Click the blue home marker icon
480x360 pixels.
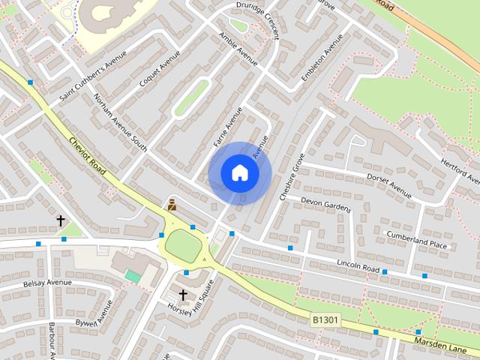pyautogui.click(x=240, y=173)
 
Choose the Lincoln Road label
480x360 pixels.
pyautogui.click(x=358, y=266)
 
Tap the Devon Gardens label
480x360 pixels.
pyautogui.click(x=325, y=204)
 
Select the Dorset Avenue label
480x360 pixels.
pyautogui.click(x=389, y=186)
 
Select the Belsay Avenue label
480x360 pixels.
pyautogui.click(x=47, y=283)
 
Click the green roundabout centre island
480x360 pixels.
pyautogui.click(x=182, y=245)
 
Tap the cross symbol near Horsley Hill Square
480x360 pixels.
pyautogui.click(x=182, y=295)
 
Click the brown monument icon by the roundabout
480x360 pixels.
pyautogui.click(x=172, y=204)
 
